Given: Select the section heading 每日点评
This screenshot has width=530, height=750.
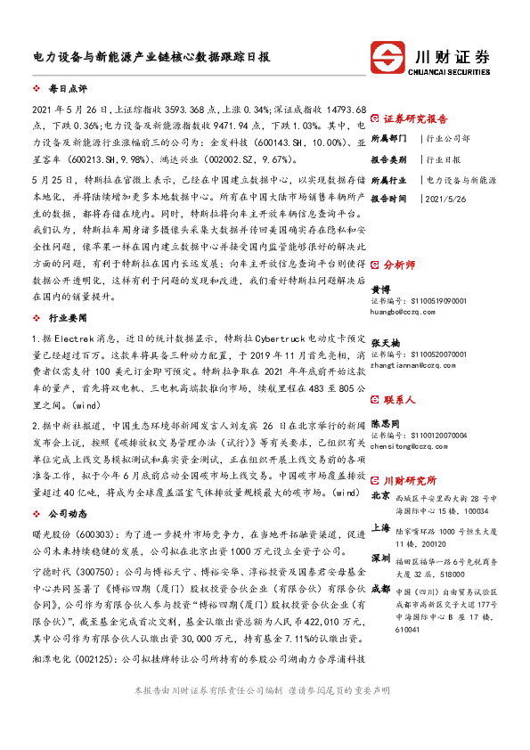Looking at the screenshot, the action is click(68, 89).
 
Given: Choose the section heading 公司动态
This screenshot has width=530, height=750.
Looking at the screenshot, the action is click(68, 514).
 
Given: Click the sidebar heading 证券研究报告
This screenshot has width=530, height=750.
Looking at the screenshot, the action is click(415, 118).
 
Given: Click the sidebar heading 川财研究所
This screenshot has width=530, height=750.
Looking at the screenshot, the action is click(409, 477).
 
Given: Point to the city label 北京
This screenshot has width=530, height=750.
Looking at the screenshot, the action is click(380, 495).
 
